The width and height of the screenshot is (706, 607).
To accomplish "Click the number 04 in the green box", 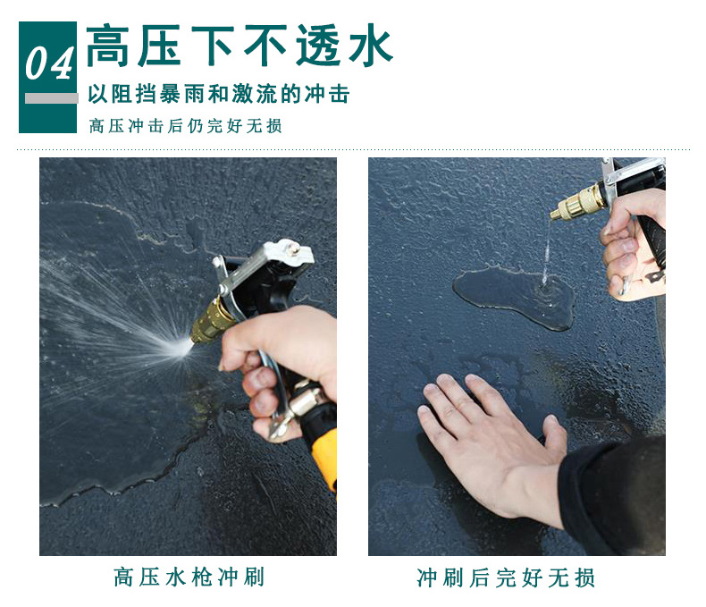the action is tap(48, 63).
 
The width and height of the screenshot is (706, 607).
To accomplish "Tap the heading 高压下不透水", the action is tap(240, 46).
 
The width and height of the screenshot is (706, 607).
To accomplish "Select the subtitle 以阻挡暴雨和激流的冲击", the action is tap(219, 94).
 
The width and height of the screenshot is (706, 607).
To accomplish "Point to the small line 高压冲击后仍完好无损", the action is tap(186, 126).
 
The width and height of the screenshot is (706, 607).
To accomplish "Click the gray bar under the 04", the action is tap(51, 98).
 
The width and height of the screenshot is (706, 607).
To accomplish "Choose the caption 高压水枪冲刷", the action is tap(189, 577).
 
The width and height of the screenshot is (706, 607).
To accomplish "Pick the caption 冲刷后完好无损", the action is tap(506, 577).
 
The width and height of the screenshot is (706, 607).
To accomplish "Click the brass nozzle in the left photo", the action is tap(210, 321).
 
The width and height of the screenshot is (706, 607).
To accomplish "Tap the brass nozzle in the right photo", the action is tap(579, 202).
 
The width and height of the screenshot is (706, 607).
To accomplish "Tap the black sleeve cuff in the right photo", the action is tap(612, 495).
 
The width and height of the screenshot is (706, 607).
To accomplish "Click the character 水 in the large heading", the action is tap(370, 46).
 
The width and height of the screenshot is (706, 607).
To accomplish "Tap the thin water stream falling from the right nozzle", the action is tap(547, 250).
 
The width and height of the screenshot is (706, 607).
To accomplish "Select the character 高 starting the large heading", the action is tap(108, 46).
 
